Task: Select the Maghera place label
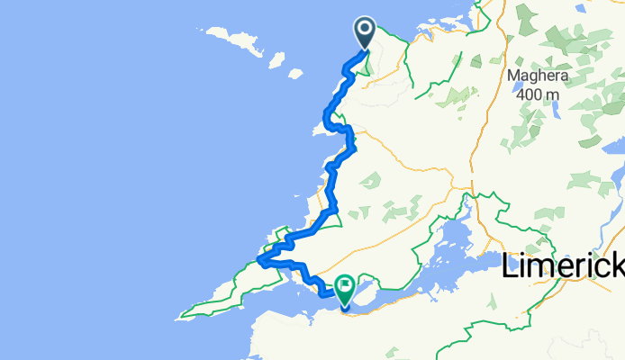tap(534, 76)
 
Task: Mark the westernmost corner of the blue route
tap(258, 261)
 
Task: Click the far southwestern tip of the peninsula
tap(182, 317)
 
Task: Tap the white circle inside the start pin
tap(365, 30)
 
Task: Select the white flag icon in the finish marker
tap(345, 285)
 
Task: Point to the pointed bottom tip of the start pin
tap(365, 49)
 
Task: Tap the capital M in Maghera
tap(514, 76)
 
